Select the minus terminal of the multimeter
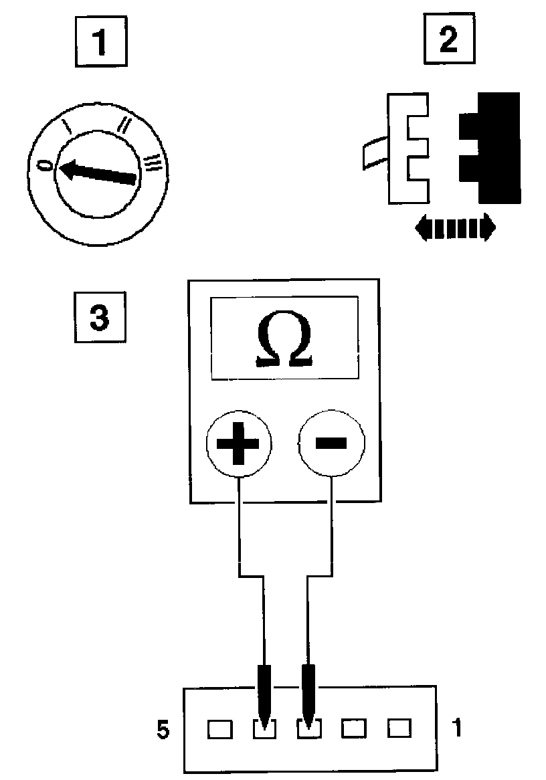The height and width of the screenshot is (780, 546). [332, 443]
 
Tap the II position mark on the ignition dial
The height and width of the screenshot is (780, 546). [124, 124]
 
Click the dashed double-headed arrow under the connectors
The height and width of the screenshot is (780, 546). [455, 228]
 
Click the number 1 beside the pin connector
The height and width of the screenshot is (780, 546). [456, 728]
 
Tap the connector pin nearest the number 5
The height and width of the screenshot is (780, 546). [219, 728]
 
